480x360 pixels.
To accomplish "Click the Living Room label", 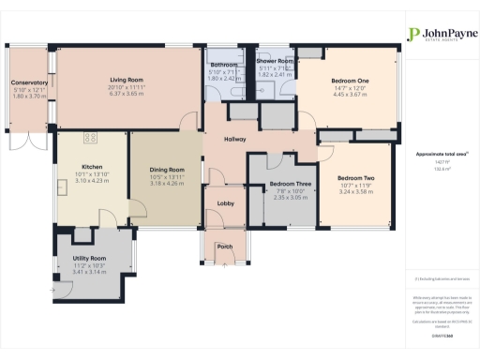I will coord(126,81).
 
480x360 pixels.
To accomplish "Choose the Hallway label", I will coord(234,141).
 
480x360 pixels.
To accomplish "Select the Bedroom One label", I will coord(350,81).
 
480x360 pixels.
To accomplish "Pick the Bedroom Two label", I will coord(355,178).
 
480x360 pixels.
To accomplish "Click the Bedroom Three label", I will coord(284,185).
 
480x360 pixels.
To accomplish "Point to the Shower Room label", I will coord(277,61).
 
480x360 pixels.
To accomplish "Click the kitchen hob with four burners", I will coord(91,139).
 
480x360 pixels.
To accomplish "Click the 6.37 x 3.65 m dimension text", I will coord(126,94).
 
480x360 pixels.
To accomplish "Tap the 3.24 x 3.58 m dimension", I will coord(355,190).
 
